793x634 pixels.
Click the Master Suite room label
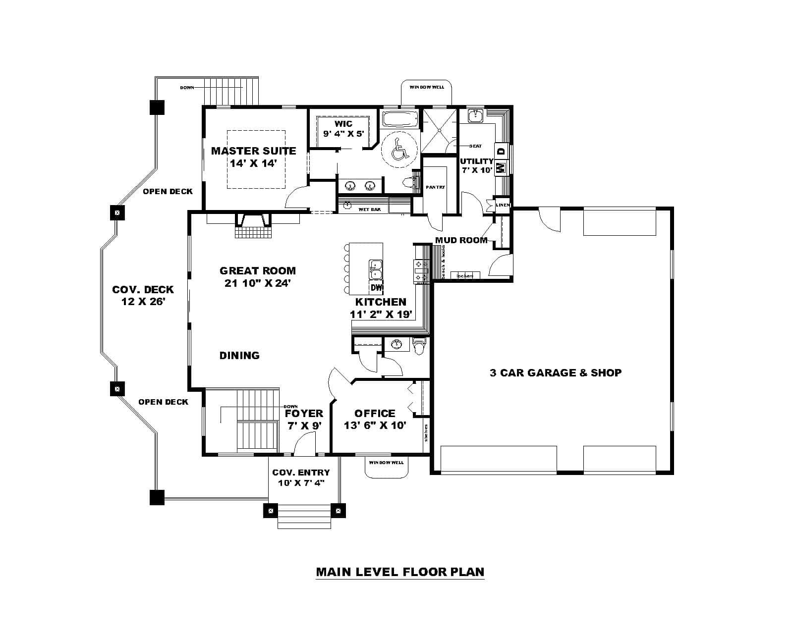253,151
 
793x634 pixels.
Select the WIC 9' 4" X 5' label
343,128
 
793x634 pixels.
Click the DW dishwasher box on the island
376,287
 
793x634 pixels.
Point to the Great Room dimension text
257,283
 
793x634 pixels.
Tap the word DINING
239,355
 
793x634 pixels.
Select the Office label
375,413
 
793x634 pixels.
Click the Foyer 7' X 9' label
304,419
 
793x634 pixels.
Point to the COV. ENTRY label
300,473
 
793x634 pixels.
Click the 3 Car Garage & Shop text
555,372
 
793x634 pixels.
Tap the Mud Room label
461,240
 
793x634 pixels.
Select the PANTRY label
435,187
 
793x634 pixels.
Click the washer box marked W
501,167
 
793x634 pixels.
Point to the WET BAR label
369,210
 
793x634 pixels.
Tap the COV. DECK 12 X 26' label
143,295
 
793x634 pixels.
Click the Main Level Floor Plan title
399,572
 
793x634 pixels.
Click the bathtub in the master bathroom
400,119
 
